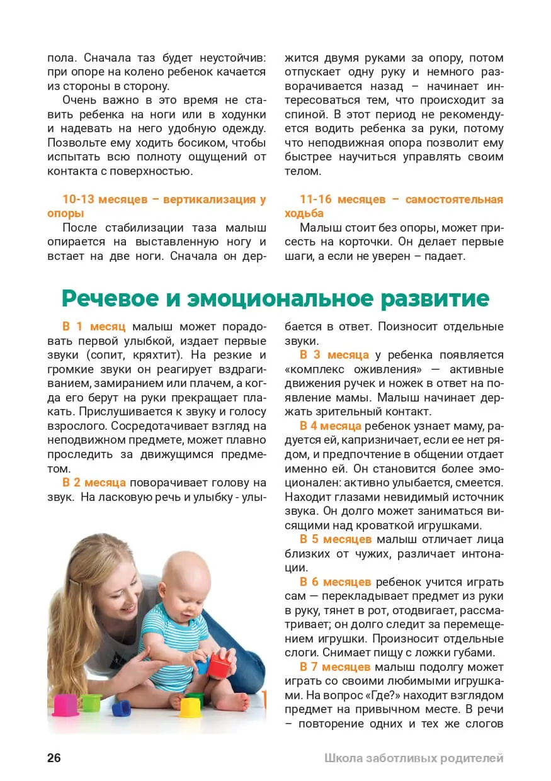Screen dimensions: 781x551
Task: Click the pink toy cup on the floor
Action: (x=65, y=705)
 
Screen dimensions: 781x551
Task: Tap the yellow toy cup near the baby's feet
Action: (x=190, y=707)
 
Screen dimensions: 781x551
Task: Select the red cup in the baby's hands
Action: (x=219, y=663)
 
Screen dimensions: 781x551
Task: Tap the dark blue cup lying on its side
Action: (x=121, y=708)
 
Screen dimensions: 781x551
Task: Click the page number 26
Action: (x=54, y=758)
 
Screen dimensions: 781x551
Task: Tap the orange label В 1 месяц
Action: (x=94, y=327)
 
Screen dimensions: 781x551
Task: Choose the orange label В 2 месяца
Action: (x=94, y=483)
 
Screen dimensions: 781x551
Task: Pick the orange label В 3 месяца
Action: (x=334, y=355)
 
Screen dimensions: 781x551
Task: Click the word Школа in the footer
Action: (x=343, y=758)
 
